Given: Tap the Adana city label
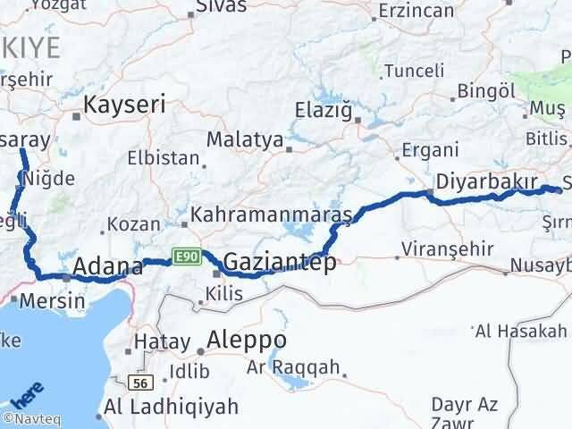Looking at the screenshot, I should pyautogui.click(x=107, y=265).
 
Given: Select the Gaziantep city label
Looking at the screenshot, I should pyautogui.click(x=280, y=262).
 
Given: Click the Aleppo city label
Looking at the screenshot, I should pyautogui.click(x=247, y=341).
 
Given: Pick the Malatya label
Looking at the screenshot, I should pyautogui.click(x=244, y=140).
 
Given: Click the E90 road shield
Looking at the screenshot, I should pyautogui.click(x=186, y=256).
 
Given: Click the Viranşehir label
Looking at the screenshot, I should pyautogui.click(x=448, y=248).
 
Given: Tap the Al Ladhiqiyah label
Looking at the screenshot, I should pyautogui.click(x=172, y=407).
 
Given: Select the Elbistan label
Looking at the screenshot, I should pyautogui.click(x=164, y=157).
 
